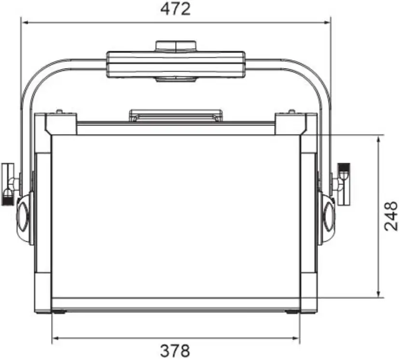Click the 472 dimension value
click(176, 9)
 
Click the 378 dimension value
click(175, 350)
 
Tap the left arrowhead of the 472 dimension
click(24, 22)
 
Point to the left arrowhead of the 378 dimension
click(55, 337)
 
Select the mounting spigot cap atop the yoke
click(176, 46)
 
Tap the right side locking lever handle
click(345, 184)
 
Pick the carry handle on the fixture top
click(176, 115)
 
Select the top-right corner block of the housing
click(290, 124)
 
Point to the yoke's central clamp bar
click(176, 64)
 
